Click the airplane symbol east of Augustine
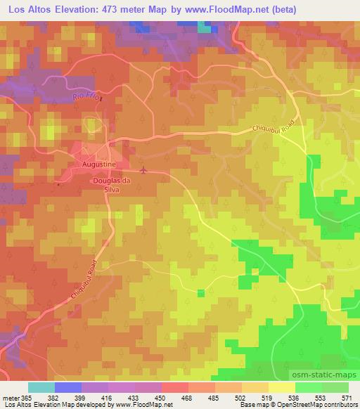pyautogui.click(x=144, y=169)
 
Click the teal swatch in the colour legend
pyautogui.click(x=41, y=387)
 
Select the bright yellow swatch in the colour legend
pyautogui.click(x=282, y=387)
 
